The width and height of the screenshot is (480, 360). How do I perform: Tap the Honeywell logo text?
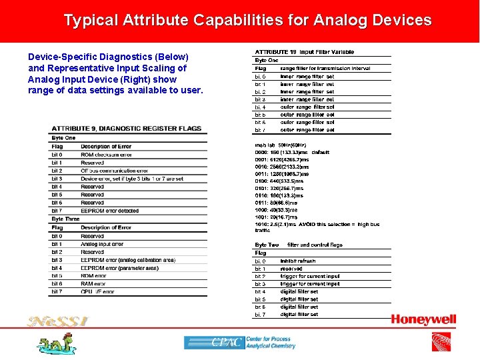point(423,320)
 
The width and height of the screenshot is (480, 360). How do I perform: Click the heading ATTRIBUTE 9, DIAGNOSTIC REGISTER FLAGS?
point(126,128)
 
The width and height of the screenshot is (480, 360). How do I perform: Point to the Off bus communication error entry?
point(114,171)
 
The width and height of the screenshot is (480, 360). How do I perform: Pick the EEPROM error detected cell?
point(109,211)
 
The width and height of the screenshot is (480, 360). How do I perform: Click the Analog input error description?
point(102,244)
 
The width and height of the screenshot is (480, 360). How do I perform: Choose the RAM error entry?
point(93,284)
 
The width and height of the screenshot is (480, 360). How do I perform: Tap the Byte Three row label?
point(65,219)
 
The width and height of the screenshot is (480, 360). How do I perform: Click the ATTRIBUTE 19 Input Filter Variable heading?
point(303,52)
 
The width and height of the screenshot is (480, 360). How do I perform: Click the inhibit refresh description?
point(298,261)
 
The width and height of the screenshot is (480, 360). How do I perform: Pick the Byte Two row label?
point(267,245)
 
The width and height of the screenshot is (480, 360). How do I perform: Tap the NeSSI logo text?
point(57,321)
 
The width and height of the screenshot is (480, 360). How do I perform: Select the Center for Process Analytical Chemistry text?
point(270,343)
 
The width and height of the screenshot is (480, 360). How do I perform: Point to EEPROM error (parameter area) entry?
point(119,268)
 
